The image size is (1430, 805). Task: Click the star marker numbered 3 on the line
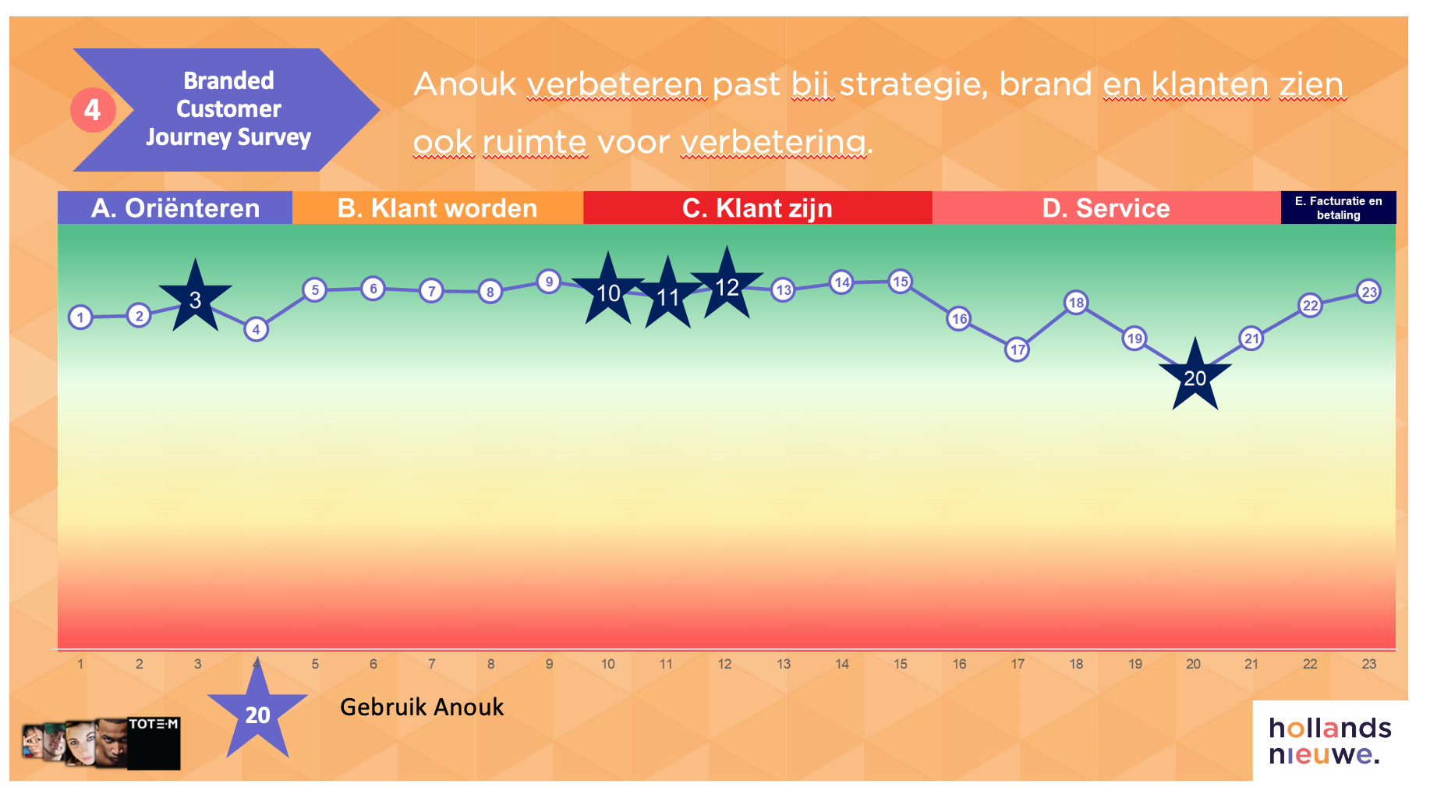[196, 297]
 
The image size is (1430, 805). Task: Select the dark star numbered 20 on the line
[1195, 376]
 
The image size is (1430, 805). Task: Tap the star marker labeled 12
[727, 285]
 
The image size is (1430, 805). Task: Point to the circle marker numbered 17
[1018, 349]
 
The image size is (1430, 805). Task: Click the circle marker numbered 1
[80, 317]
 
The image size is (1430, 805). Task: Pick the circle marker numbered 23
[1369, 292]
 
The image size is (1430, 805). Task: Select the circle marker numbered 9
[549, 282]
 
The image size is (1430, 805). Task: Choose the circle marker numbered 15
[901, 281]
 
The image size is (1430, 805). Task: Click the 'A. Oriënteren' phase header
[175, 207]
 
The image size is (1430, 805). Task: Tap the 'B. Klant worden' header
[437, 207]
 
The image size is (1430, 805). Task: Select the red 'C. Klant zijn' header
[758, 207]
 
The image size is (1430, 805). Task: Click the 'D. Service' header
[1106, 207]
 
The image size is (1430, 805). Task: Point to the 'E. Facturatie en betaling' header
[1339, 207]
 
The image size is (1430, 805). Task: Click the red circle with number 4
[93, 110]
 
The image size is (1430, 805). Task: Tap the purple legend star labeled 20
[258, 711]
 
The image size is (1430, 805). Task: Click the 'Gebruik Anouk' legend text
[422, 707]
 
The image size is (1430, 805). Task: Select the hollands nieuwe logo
[1330, 741]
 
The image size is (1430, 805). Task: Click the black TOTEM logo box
[154, 743]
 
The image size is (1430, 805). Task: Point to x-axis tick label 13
[784, 664]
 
